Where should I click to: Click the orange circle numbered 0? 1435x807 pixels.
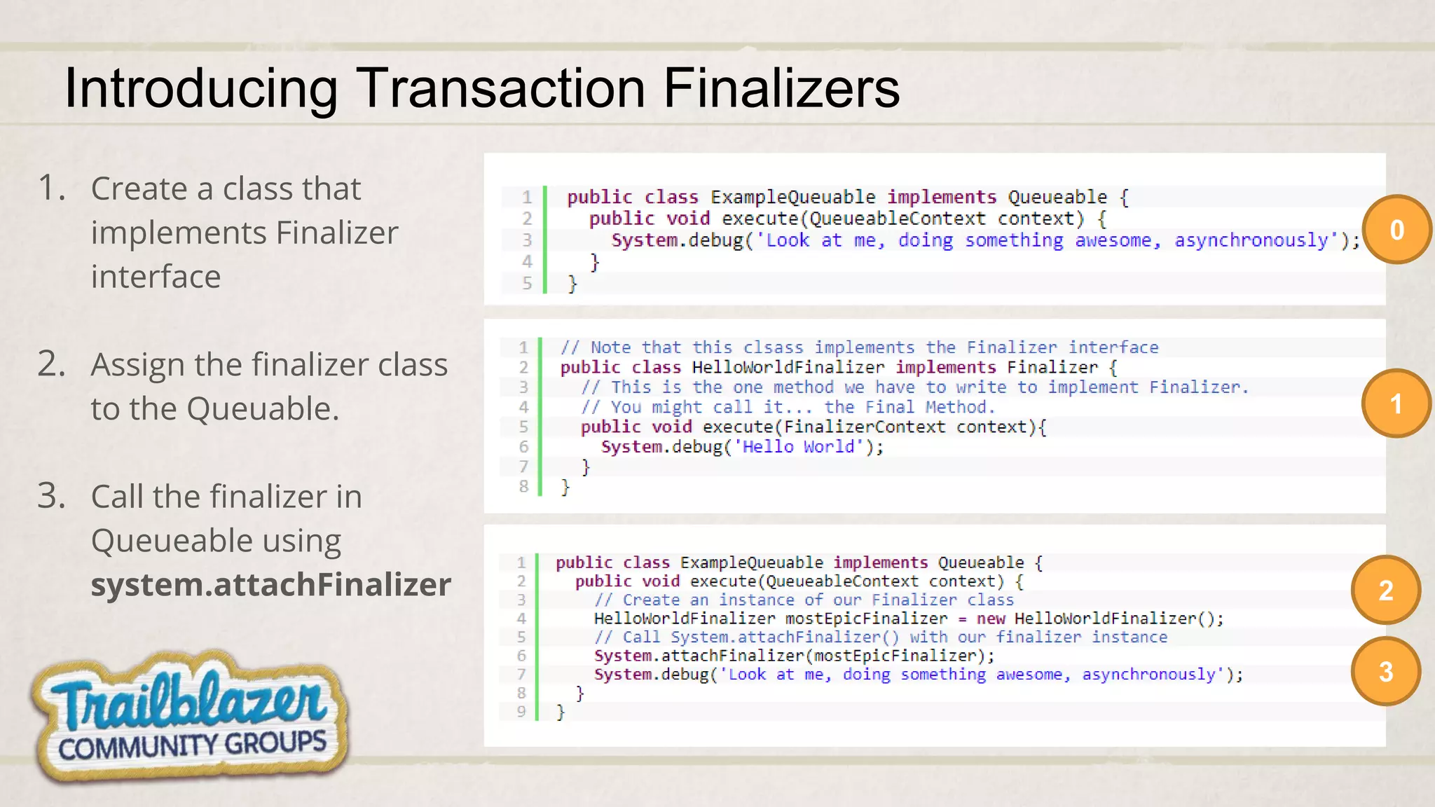click(x=1396, y=230)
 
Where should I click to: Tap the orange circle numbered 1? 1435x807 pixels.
click(x=1396, y=403)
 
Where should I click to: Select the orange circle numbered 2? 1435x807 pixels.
click(x=1385, y=591)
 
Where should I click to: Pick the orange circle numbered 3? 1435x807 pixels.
click(x=1385, y=672)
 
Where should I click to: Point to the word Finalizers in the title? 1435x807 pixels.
click(x=781, y=88)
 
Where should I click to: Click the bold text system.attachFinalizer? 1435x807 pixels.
click(x=270, y=585)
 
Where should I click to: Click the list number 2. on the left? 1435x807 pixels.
click(x=51, y=364)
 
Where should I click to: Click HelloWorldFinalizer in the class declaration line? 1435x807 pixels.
click(x=788, y=367)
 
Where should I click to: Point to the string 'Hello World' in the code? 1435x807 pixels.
click(x=798, y=447)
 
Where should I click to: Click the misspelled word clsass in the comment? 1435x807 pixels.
click(x=773, y=347)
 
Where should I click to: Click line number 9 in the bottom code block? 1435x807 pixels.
click(x=521, y=712)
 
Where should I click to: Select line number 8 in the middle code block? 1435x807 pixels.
click(x=523, y=485)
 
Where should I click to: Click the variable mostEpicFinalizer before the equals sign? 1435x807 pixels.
click(x=866, y=619)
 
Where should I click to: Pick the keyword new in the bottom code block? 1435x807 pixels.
click(x=990, y=619)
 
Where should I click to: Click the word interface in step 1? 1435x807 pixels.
click(x=156, y=277)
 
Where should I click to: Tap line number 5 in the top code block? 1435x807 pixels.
click(x=527, y=283)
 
